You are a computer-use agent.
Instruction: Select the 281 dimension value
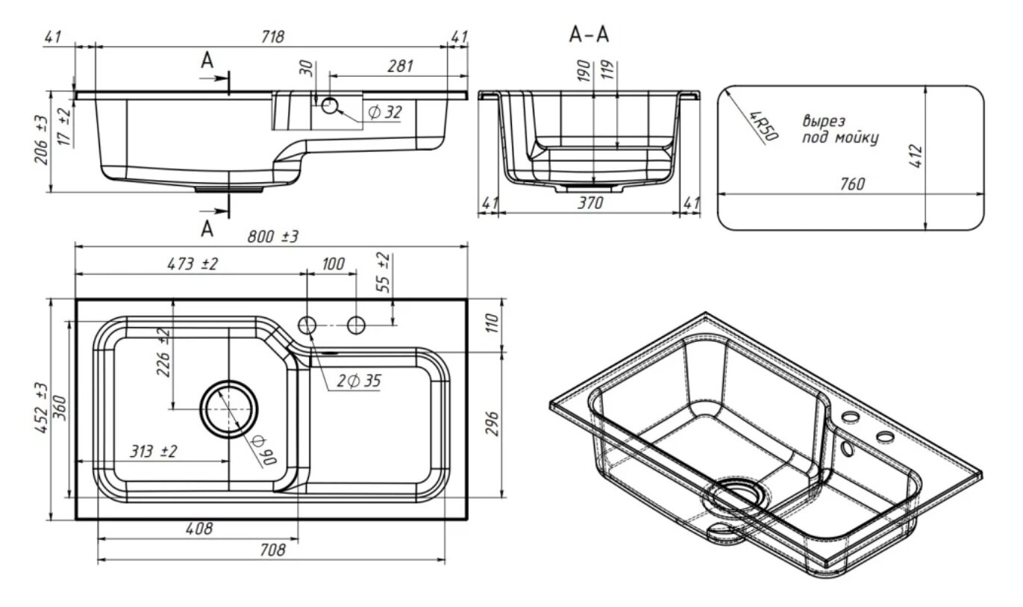point(400,66)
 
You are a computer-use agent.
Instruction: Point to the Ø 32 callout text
point(384,112)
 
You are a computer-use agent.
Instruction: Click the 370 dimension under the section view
point(589,202)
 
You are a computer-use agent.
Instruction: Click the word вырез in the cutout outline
point(824,122)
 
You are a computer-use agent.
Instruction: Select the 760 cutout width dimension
point(851,184)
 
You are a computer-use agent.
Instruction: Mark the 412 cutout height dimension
point(917,155)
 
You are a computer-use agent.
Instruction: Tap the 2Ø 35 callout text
point(358,382)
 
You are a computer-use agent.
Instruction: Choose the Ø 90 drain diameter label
point(263,450)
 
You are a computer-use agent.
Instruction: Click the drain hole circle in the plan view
point(230,409)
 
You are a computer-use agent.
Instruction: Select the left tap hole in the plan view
point(307,325)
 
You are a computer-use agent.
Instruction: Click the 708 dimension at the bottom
point(273,551)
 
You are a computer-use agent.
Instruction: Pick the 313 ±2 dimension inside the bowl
point(152,452)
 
